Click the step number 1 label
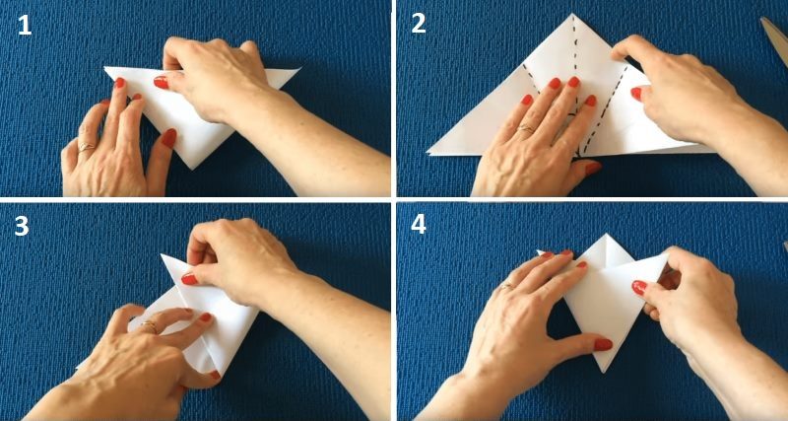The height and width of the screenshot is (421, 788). (25, 25)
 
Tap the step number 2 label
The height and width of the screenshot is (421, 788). (419, 25)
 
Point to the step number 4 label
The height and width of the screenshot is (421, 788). (419, 226)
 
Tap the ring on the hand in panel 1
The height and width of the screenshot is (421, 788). (86, 147)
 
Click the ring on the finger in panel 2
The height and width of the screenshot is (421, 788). (527, 128)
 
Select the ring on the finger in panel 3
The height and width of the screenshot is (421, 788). (149, 324)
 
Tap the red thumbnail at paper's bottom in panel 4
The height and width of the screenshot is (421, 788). (603, 344)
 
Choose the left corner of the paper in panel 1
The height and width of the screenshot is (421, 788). (105, 69)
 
